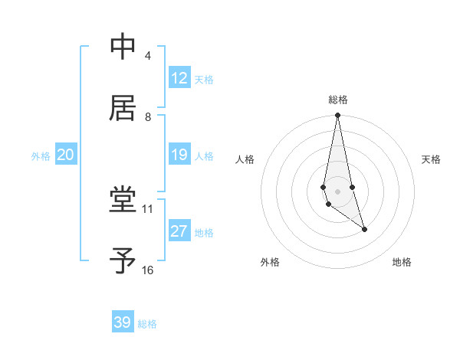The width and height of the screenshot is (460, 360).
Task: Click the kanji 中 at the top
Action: coord(123,47)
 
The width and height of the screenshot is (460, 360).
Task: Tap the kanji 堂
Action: coord(123,201)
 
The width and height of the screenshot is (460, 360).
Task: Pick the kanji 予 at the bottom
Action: coord(123,261)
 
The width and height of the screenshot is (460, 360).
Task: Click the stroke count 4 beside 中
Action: coord(147,56)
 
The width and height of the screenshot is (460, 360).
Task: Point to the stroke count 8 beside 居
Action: coord(147,117)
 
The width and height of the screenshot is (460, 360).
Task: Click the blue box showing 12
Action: coord(179,78)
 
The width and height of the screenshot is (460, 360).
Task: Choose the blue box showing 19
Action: coord(179,155)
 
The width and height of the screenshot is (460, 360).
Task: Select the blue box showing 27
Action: coord(179,231)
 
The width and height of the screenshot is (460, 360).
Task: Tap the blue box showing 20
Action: coord(65,155)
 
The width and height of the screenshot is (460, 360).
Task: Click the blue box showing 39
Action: coord(123,322)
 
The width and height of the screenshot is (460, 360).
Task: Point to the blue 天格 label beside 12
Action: coord(204,80)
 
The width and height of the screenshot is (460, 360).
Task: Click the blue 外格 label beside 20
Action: coord(41,156)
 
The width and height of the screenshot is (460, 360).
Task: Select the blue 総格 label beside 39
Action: coord(147,324)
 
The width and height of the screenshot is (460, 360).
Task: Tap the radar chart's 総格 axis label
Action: coord(338,100)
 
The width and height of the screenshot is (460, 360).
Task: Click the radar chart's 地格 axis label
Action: coord(402,263)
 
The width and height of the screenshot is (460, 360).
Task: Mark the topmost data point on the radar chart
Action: coord(337,116)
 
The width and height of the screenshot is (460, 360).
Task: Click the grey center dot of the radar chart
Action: coord(337,191)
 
